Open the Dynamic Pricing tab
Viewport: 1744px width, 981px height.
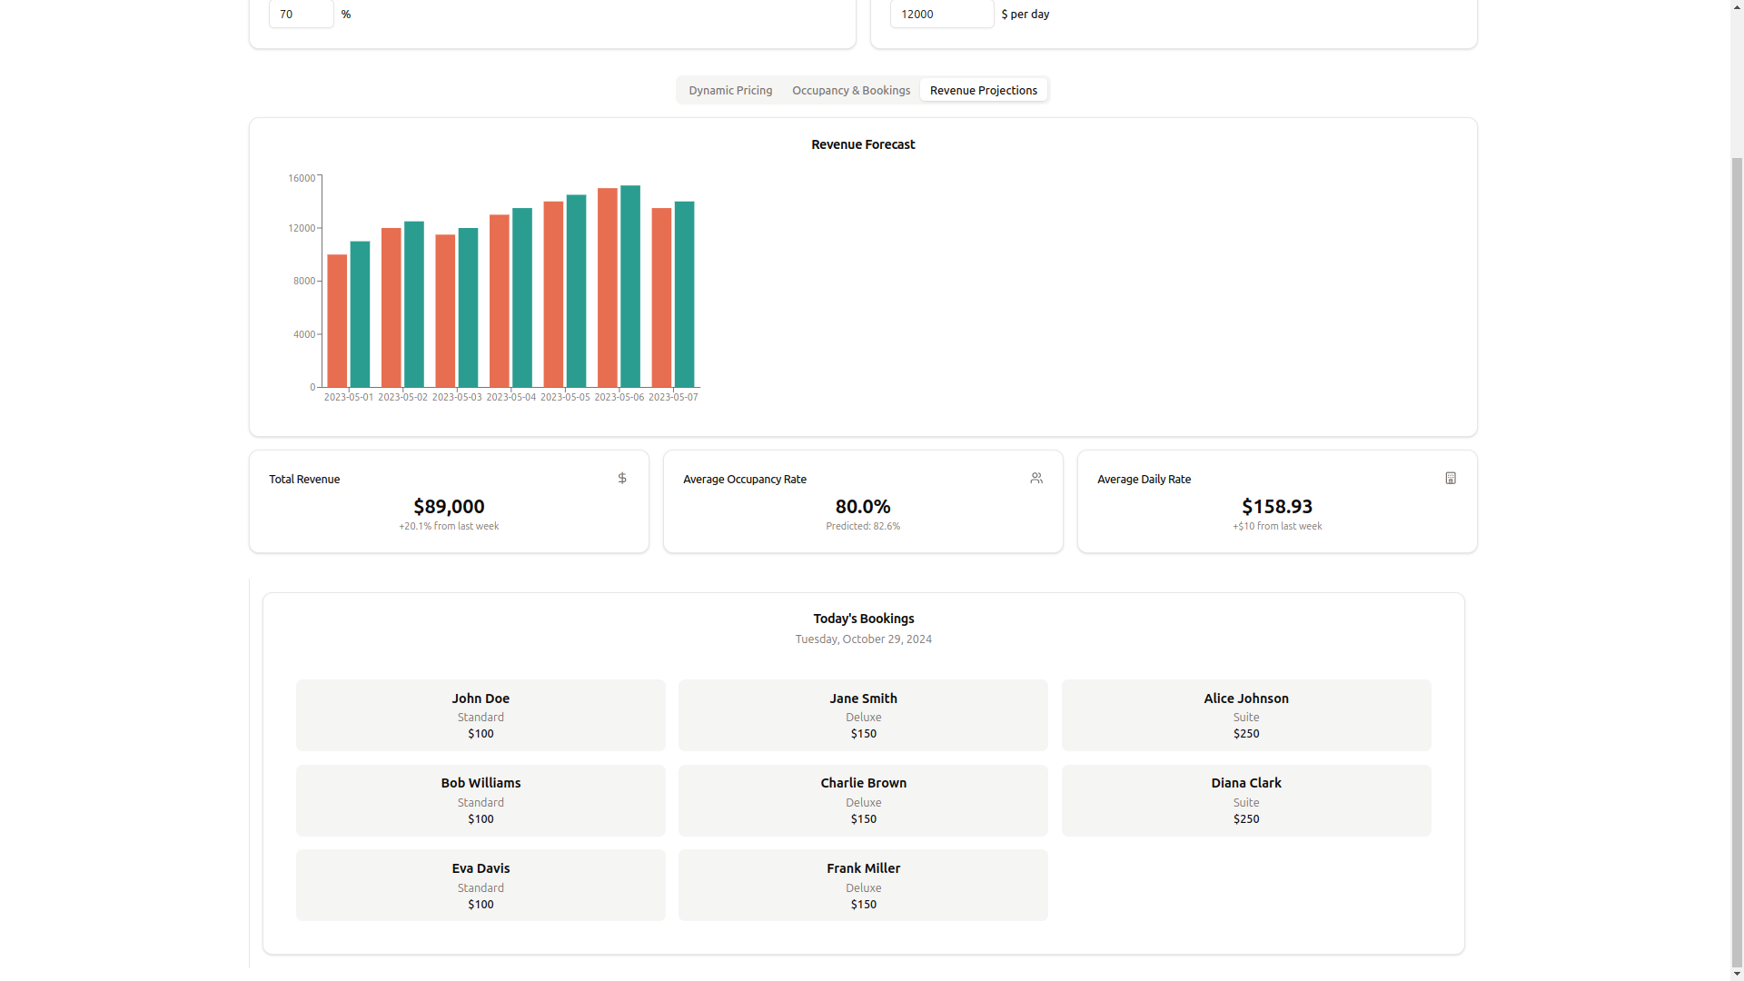[x=730, y=90]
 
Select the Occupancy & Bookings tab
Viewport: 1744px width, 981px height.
[x=850, y=90]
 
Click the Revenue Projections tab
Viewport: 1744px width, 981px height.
[x=983, y=90]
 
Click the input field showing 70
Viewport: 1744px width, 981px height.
[x=301, y=14]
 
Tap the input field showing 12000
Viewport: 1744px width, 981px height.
[x=941, y=14]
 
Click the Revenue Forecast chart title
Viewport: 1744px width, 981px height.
[x=862, y=144]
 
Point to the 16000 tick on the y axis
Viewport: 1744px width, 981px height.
[x=302, y=178]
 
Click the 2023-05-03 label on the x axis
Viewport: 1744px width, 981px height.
[x=457, y=397]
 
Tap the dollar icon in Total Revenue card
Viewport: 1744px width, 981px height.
[x=622, y=478]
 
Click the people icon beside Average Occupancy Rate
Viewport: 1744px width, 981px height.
[x=1036, y=478]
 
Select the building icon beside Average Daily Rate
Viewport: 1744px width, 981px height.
[x=1451, y=478]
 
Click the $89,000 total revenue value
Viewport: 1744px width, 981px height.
[x=449, y=506]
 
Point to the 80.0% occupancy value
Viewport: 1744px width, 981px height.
[x=862, y=506]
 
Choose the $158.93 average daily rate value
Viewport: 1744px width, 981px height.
[x=1276, y=506]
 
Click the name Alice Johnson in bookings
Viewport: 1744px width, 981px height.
[x=1245, y=699]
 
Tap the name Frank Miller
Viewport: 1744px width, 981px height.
[x=863, y=868]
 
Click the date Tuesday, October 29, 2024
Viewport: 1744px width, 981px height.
[x=863, y=639]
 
